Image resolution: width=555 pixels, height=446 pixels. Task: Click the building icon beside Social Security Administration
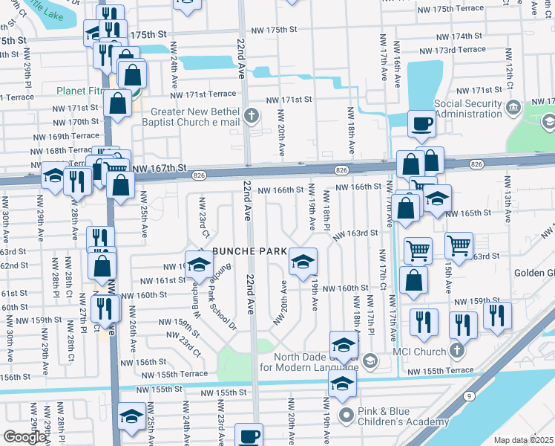point(513,109)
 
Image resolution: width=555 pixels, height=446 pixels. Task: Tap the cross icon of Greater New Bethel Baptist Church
point(252,115)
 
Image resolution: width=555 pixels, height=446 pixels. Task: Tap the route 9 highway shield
point(470,396)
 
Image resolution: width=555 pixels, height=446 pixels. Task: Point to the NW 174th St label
point(459,36)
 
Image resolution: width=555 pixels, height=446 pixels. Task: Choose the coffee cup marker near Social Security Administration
point(421,123)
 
